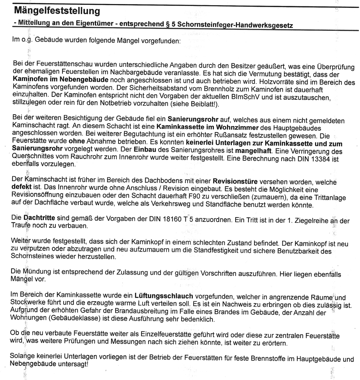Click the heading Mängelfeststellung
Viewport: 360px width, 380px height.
[x=56, y=11]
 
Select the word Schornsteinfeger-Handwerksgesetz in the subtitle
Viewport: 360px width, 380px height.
[x=235, y=25]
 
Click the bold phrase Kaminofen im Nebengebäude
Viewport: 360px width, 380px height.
[x=61, y=80]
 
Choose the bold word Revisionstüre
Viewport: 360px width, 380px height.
[x=235, y=182]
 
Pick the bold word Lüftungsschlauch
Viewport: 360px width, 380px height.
[x=164, y=296]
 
